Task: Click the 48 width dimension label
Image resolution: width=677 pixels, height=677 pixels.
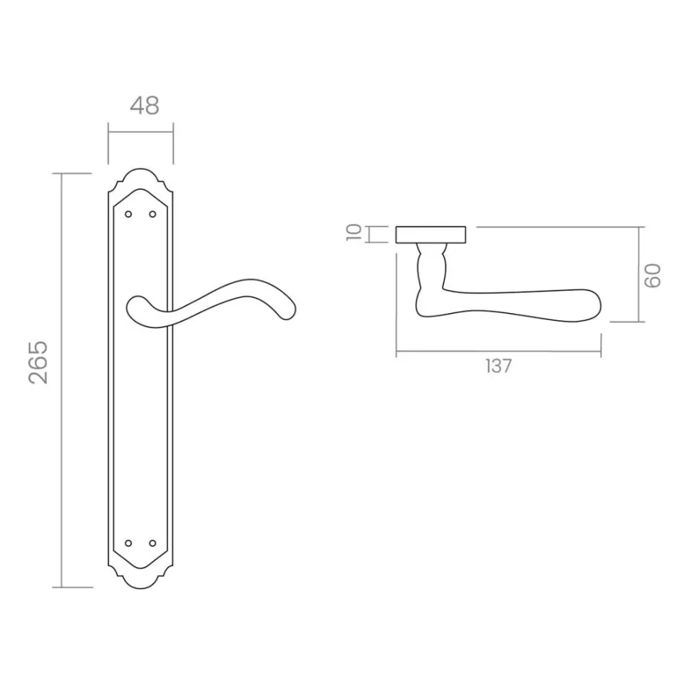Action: pos(145,105)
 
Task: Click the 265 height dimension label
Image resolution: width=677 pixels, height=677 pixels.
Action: pos(38,362)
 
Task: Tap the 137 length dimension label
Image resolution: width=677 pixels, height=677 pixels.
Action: pos(499,366)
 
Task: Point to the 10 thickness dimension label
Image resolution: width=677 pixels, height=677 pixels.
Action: pos(354,232)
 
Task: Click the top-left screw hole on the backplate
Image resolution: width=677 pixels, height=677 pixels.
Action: pos(128,214)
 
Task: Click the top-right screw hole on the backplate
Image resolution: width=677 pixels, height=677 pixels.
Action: pos(152,214)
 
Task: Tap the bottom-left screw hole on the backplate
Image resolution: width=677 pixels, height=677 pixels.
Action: pos(128,542)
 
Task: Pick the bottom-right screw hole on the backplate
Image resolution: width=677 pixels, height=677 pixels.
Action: pos(152,542)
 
